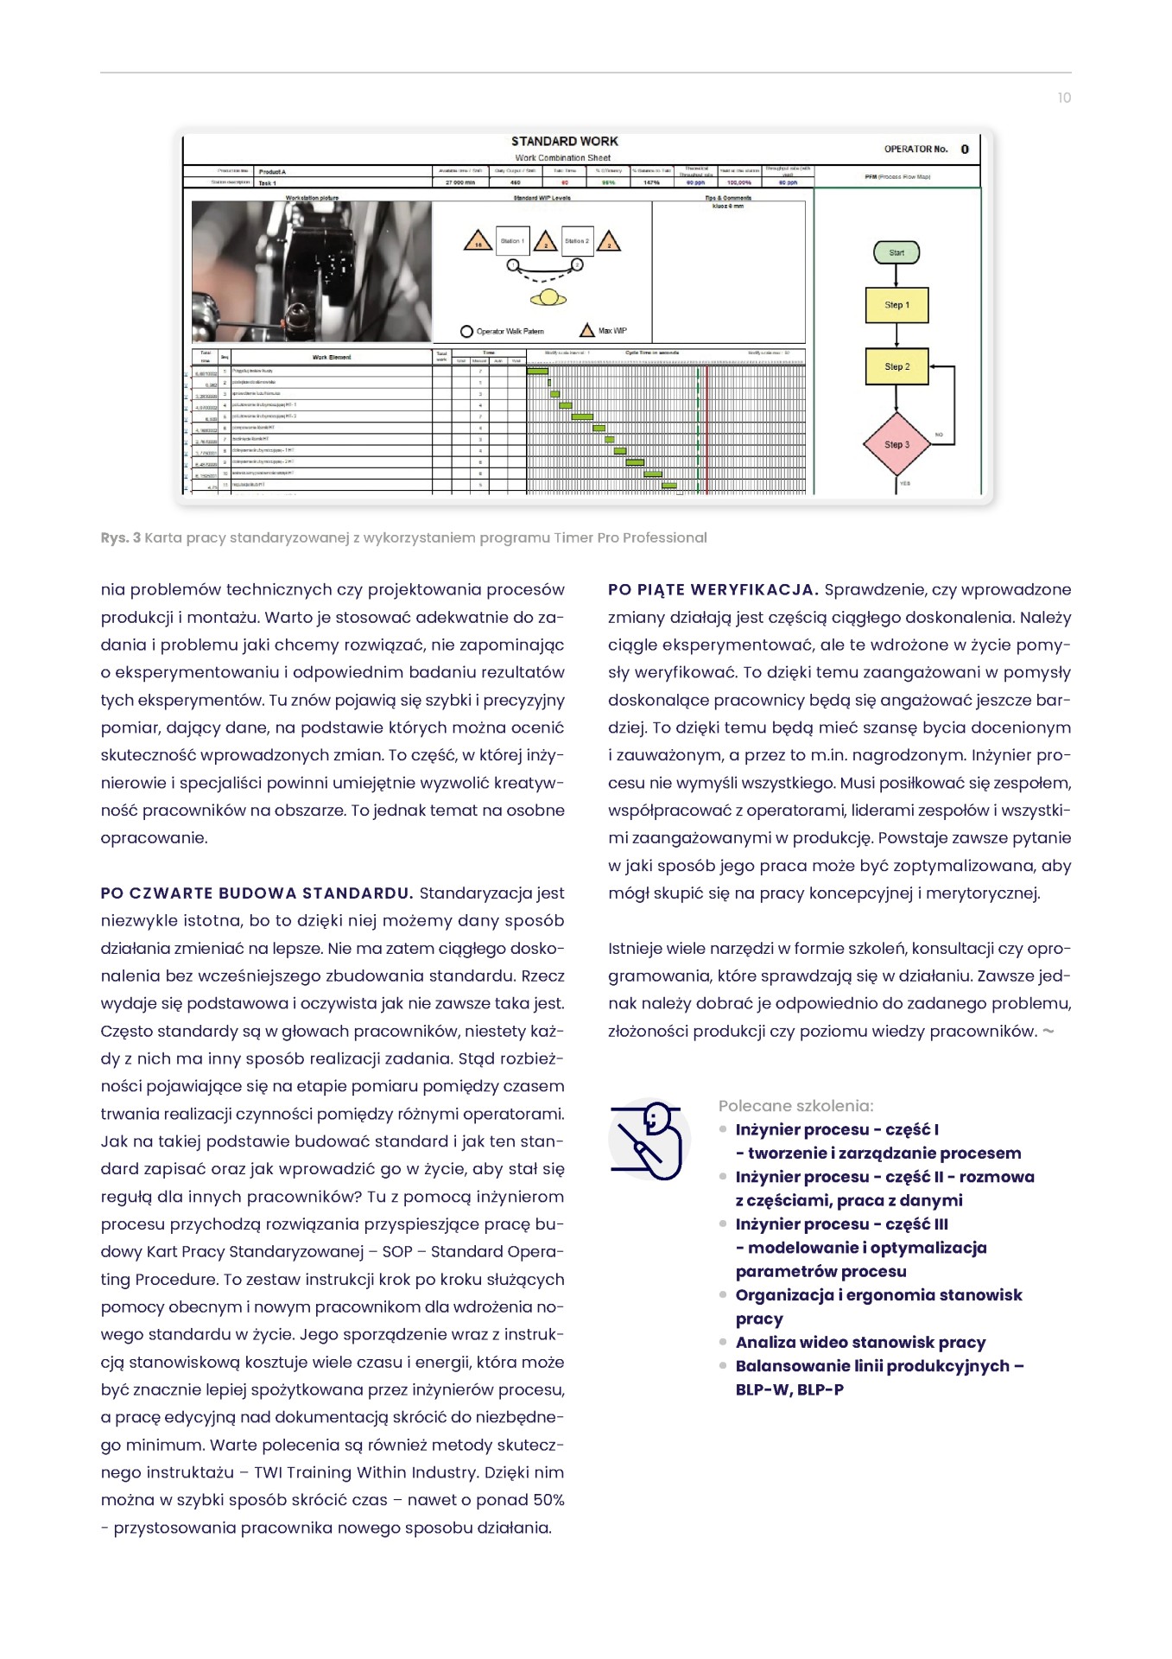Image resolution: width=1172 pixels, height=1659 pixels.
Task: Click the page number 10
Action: coord(1064,98)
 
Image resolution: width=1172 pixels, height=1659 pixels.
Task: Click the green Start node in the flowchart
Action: coord(896,252)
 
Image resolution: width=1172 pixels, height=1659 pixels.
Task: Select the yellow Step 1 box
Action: coord(896,305)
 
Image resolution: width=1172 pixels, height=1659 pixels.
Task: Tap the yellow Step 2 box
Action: coord(896,366)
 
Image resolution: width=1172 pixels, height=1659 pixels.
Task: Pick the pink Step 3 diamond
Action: coord(896,444)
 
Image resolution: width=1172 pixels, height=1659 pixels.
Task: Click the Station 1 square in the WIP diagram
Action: coord(512,241)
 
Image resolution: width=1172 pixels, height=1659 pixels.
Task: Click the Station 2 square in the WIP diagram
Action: coord(576,241)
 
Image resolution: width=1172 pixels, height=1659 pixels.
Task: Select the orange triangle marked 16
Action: coord(478,243)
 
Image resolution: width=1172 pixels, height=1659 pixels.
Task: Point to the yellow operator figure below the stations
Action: coord(548,299)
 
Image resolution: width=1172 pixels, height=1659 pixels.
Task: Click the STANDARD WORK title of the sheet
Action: coord(564,141)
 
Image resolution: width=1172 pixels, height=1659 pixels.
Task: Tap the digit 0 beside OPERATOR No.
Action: coord(965,149)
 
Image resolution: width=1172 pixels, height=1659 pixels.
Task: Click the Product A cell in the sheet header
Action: coord(272,172)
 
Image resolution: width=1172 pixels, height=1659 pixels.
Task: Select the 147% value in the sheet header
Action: coord(651,182)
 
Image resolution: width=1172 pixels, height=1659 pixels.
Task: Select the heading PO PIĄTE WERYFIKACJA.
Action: coord(713,590)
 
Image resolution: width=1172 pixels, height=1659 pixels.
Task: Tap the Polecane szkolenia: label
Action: coord(795,1106)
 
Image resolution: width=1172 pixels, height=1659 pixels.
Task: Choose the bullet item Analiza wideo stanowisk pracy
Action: coord(860,1343)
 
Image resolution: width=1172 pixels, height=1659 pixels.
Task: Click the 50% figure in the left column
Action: coord(543,1501)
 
